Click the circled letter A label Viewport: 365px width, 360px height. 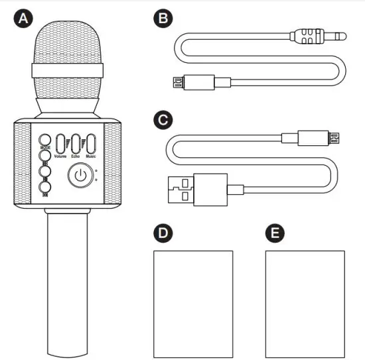(24, 19)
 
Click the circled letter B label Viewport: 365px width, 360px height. (162, 19)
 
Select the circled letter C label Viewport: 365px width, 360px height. (162, 121)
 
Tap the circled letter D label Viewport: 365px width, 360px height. (162, 233)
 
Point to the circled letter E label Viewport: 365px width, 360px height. (273, 233)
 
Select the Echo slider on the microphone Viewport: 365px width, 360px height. (76, 143)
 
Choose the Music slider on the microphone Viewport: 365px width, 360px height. (91, 143)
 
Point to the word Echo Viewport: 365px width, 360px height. (76, 156)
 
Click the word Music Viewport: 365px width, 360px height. (91, 156)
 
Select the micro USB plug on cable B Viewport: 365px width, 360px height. (177, 82)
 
